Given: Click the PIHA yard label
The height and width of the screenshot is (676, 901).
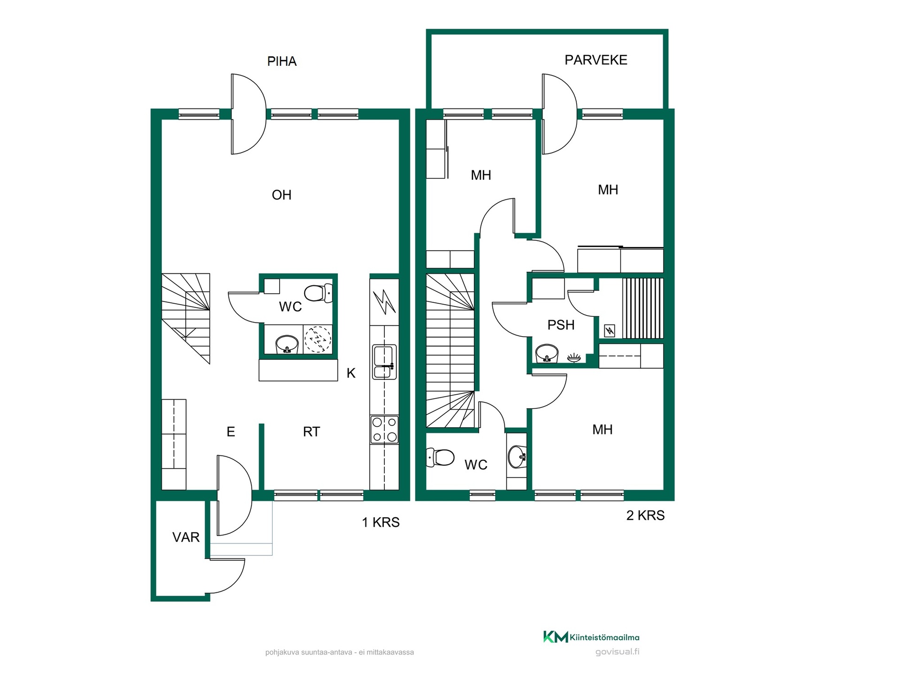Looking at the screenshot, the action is point(282,61).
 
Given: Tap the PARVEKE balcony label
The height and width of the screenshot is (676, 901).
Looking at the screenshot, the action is point(596,60).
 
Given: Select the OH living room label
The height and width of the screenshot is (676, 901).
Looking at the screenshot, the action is point(282,195).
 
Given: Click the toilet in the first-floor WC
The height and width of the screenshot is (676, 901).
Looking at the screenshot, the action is point(319,293).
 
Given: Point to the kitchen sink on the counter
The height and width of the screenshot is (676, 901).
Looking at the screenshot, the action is point(384,361).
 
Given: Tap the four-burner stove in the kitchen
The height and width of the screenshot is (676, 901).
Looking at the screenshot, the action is point(384,430).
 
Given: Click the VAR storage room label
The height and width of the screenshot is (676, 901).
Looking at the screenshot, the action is point(186,537).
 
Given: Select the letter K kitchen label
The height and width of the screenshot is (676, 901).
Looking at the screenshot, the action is point(351,373).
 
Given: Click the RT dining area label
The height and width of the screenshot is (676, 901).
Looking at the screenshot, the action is point(312,432).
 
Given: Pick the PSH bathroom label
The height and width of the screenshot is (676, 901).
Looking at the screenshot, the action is point(561,325).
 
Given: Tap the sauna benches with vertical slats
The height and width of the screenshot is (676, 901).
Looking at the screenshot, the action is point(643,308).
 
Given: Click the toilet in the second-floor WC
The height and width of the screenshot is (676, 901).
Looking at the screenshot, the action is point(440,457).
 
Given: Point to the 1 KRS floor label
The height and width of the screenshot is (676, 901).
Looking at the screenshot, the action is point(381,522).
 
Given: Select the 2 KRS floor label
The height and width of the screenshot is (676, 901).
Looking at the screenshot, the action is point(645,515).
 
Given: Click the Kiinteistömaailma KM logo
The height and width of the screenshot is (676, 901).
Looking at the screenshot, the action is point(556,637).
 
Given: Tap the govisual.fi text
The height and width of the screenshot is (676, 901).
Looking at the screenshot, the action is point(617,652).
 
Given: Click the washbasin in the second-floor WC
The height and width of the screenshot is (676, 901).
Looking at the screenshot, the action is point(517,456).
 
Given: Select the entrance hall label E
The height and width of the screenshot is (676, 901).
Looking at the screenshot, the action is point(230,432).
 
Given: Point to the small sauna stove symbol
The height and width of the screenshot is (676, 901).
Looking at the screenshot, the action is point(610,331).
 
